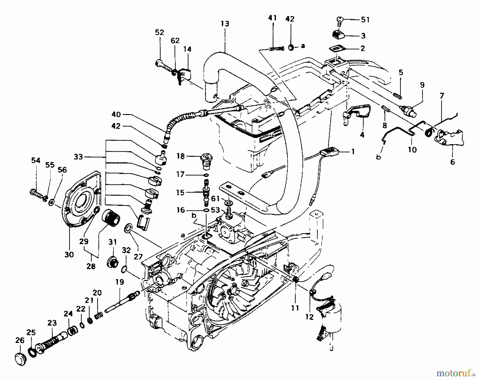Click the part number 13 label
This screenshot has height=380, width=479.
coord(225,23)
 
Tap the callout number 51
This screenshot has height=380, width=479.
coord(365,20)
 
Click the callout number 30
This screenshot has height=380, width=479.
coord(69,254)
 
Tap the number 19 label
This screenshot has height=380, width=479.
coord(119,282)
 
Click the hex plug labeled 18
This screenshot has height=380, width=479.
coord(205,161)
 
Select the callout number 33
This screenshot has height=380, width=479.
coord(78,157)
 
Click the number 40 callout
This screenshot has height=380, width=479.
coord(116,115)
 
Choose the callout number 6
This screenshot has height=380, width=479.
coord(452,161)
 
